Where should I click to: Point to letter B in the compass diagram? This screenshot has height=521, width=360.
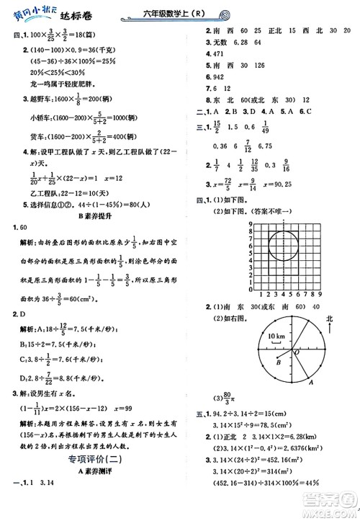click(277, 362)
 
